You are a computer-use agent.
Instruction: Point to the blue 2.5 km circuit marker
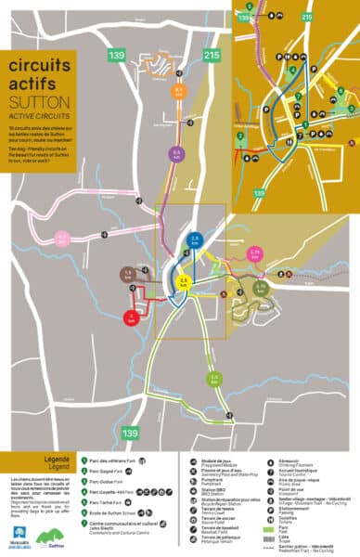click(195, 240)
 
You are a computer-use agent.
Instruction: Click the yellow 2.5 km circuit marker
click(184, 280)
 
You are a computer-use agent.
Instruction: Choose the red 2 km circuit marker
click(132, 318)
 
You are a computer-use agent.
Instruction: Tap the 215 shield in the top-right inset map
click(307, 17)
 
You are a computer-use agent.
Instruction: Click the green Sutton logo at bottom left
click(58, 536)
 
